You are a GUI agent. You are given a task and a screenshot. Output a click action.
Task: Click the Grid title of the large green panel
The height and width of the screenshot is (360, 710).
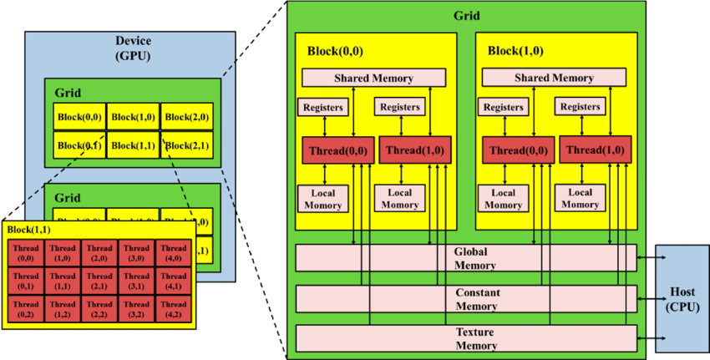466,15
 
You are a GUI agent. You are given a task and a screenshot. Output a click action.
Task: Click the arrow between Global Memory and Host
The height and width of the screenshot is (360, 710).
647,258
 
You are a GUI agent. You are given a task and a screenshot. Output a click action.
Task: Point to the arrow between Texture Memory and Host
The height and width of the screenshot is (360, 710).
647,337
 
